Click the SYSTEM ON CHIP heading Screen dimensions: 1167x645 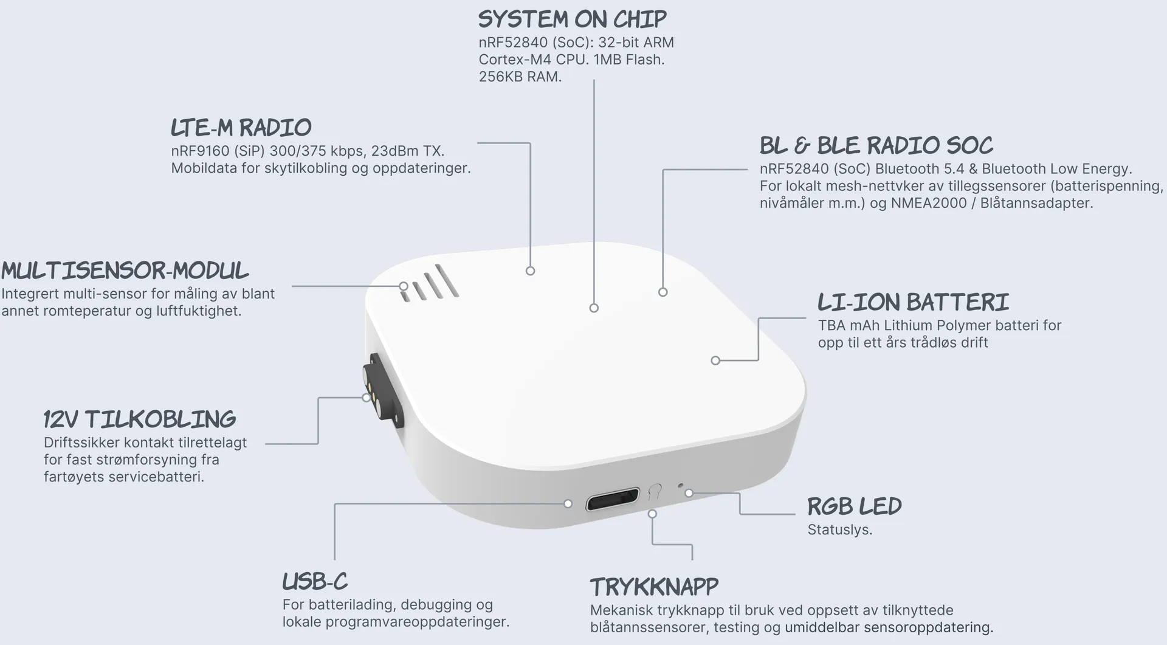click(572, 19)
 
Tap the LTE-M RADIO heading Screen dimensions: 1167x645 click(241, 128)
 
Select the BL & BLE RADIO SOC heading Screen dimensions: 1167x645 click(876, 145)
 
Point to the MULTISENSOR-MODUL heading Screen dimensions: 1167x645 click(125, 271)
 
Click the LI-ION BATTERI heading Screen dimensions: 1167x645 click(913, 302)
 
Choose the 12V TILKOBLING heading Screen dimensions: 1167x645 click(140, 419)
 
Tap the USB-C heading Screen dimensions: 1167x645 click(315, 582)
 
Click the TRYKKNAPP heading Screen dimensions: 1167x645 click(654, 587)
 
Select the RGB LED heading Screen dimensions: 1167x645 click(854, 506)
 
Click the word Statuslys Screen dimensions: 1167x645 click(839, 530)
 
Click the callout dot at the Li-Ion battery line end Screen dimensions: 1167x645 click(715, 360)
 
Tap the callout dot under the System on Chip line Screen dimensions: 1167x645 click(594, 308)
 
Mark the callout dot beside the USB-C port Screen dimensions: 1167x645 click(568, 503)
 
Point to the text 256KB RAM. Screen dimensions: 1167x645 click(520, 77)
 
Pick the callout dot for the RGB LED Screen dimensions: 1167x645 click(689, 493)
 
